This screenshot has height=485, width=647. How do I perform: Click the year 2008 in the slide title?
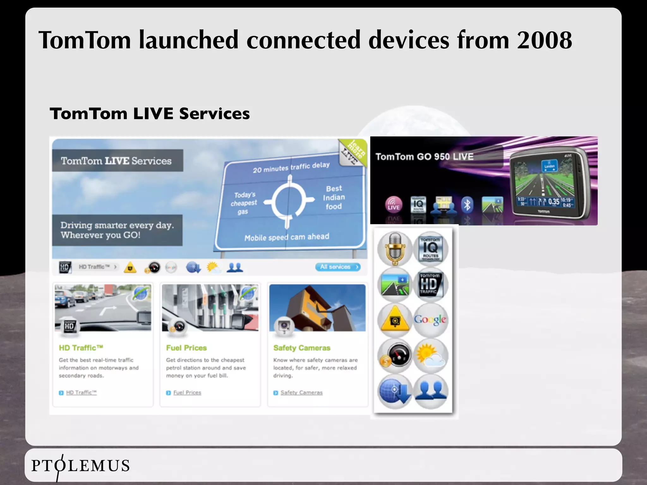coord(544,40)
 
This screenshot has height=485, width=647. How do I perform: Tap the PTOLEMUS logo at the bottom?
coord(81,466)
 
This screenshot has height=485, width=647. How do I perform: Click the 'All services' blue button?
coord(338,267)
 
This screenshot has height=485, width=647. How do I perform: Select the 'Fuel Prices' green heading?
coord(186,348)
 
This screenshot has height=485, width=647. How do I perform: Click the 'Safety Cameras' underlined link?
coord(301,392)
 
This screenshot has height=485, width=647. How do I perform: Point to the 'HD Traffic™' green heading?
coord(81,348)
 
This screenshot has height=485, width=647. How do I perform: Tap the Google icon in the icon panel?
coord(430,320)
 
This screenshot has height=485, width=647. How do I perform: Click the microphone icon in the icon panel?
coord(395,248)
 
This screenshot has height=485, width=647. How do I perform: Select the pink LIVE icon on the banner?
coord(393,204)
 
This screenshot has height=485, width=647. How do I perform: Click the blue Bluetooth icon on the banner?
coord(467,205)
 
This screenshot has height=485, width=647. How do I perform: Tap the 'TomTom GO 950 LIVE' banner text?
coord(424,157)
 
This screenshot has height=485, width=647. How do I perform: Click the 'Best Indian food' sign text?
coord(334,197)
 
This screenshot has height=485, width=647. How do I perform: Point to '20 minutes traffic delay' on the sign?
coord(291,167)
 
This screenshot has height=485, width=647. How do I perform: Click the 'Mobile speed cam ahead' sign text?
coord(287,237)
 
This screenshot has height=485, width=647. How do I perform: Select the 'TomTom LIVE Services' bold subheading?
coord(150,114)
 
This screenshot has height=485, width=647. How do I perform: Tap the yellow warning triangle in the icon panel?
coord(395,320)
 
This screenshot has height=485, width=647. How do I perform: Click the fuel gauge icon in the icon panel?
coord(395,356)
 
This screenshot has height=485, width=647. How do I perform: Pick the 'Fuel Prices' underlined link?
coord(187,392)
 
